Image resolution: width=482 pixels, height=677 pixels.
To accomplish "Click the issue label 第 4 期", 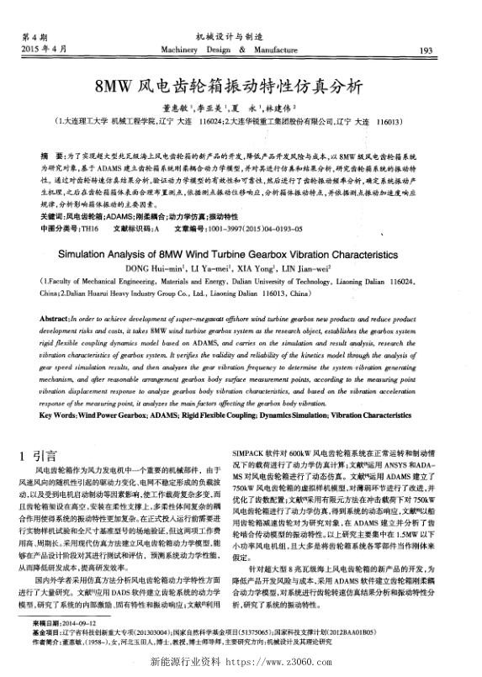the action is tap(35, 38).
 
